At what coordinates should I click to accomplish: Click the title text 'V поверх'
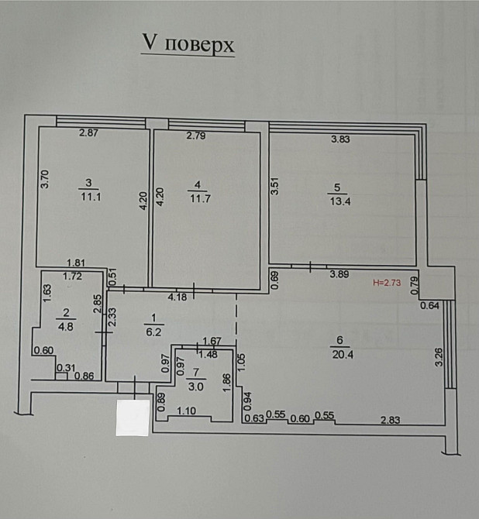188,43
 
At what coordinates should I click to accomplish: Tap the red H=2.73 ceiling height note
387,283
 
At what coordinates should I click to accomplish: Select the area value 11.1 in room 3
91,197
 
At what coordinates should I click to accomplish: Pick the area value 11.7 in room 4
200,199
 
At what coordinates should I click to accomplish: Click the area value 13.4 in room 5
339,201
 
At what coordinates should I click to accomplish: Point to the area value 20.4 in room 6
343,355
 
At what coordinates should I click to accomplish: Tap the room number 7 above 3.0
196,373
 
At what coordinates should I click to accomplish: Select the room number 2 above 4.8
66,312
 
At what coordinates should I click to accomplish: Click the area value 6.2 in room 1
153,332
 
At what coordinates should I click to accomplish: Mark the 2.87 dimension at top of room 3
88,132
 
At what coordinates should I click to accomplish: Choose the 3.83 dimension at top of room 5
340,139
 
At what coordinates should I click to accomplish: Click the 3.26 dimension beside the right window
439,356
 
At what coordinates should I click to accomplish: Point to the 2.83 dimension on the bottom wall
390,420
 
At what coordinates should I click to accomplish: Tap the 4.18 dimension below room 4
177,297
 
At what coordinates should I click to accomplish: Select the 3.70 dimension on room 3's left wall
45,179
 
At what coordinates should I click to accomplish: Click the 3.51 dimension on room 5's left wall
275,187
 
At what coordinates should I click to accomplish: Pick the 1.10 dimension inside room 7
186,411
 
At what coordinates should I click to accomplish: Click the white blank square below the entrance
133,418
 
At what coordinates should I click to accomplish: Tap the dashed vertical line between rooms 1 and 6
236,318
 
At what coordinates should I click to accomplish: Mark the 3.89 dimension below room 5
339,274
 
